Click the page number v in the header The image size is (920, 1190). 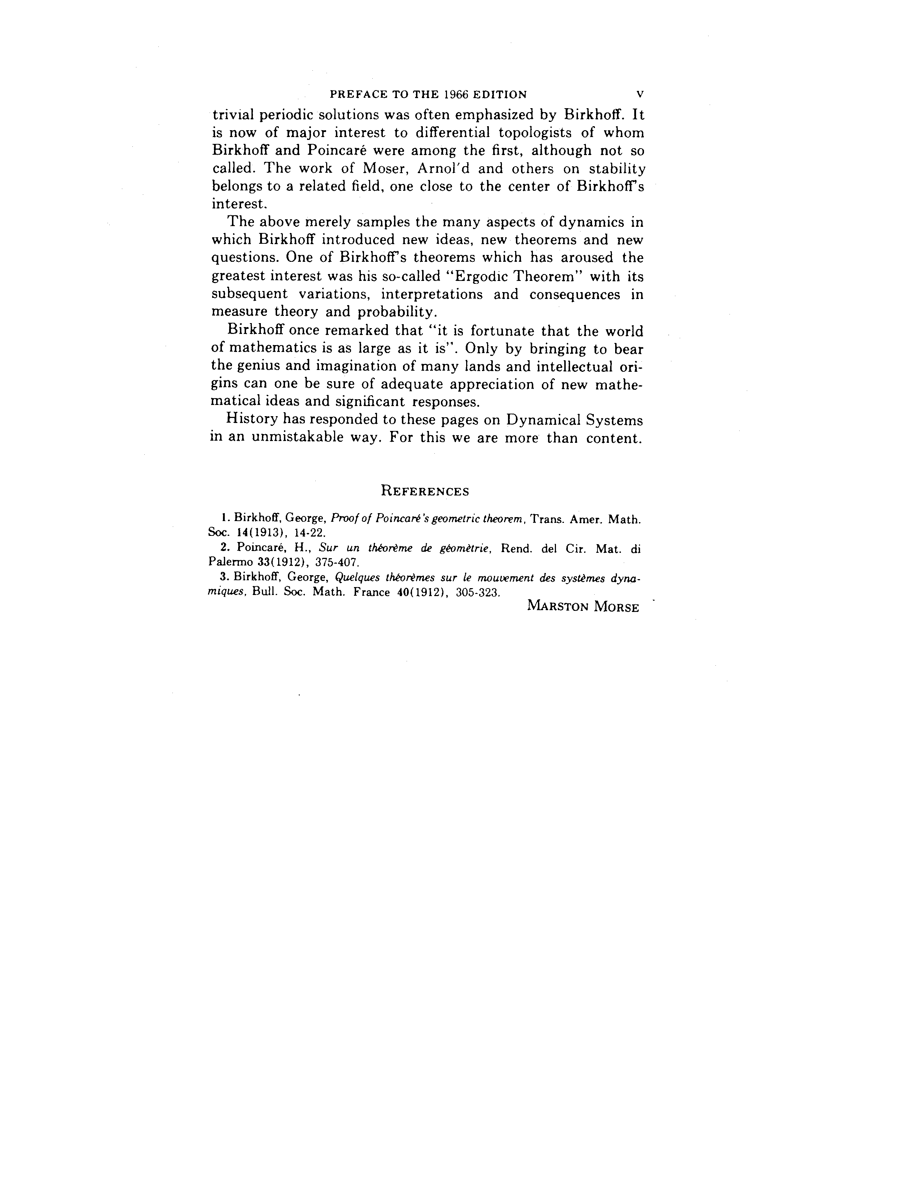640,94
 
